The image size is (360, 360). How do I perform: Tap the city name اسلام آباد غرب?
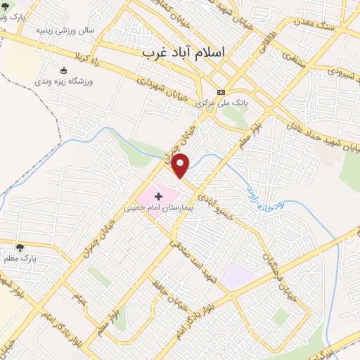click(x=186, y=53)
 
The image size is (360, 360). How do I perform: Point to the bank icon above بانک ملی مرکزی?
click(x=221, y=92)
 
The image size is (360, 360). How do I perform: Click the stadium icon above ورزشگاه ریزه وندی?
click(x=64, y=70)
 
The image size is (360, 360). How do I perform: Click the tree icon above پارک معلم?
click(x=19, y=247)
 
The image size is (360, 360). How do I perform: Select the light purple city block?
click(x=237, y=276)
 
